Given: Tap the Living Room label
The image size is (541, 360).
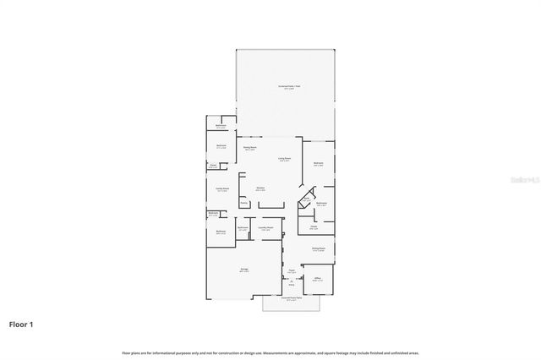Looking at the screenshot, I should click(285, 159).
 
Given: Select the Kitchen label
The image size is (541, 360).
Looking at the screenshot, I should click(260, 188).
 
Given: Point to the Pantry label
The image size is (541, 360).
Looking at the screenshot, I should click(243, 202).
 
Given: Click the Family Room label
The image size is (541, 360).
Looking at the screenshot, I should click(221, 188).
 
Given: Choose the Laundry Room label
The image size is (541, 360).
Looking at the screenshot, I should click(265, 227).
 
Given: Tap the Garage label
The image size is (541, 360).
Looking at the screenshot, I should click(243, 270).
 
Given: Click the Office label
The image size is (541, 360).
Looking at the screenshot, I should click(318, 278).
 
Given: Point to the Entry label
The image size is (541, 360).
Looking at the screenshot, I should click(293, 285).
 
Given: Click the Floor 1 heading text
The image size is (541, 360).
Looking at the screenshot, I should click(21, 324).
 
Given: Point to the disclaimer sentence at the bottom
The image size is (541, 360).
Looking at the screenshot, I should click(270, 352).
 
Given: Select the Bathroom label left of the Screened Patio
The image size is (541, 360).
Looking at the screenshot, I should click(220, 127).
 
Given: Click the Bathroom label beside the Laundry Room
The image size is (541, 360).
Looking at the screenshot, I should click(243, 227).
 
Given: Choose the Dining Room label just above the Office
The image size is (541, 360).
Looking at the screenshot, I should click(318, 248).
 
